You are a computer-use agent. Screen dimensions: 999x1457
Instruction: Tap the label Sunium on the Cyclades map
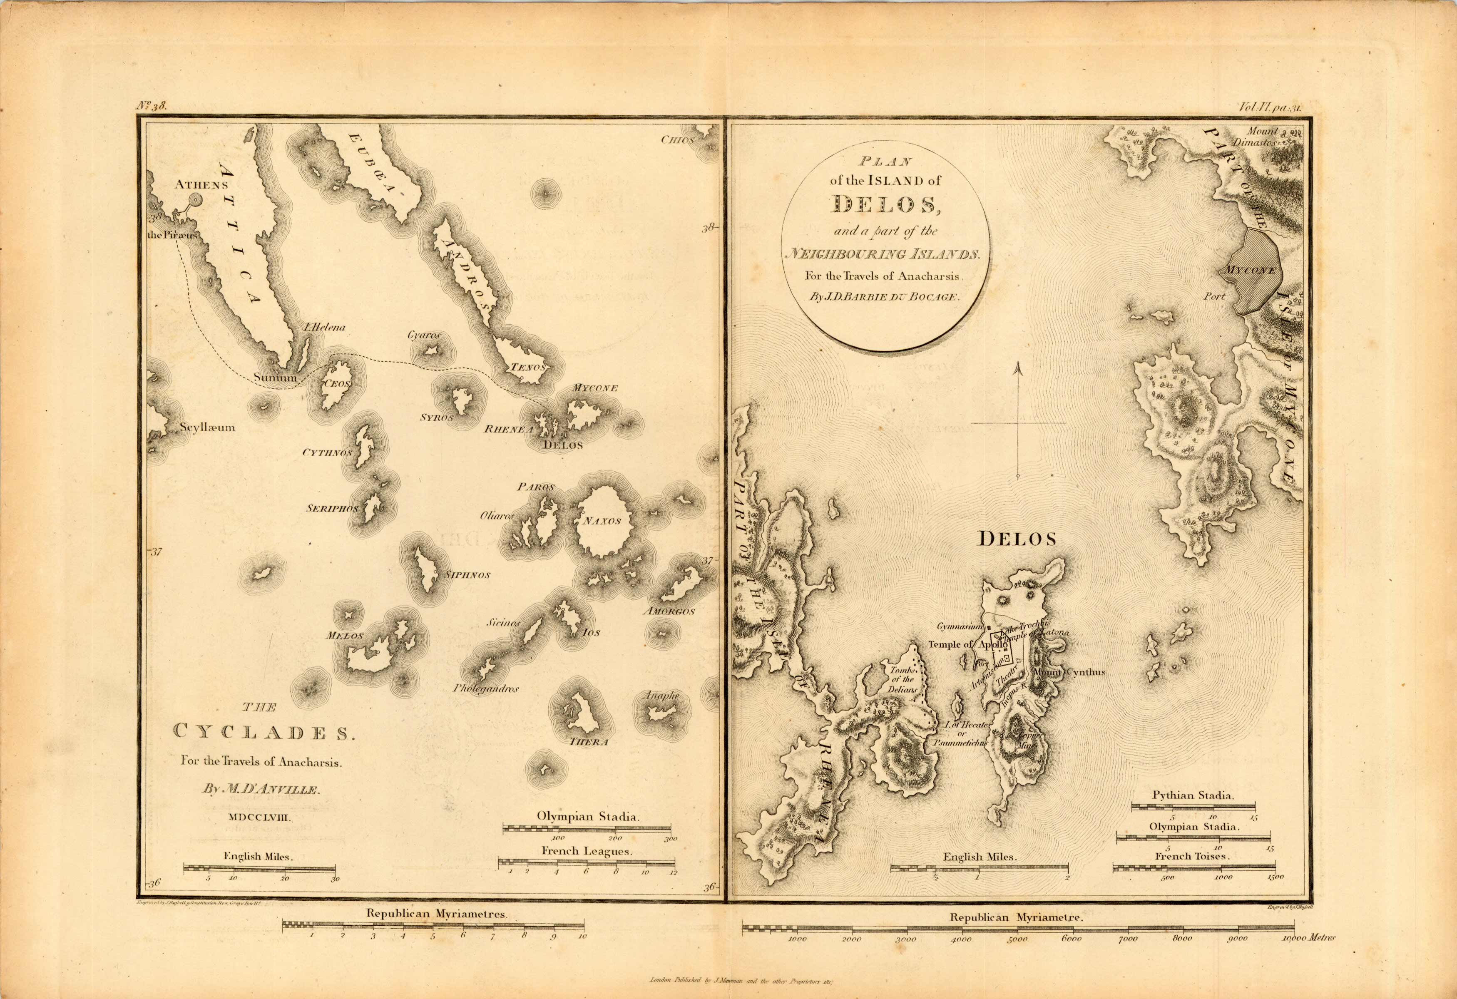click(275, 377)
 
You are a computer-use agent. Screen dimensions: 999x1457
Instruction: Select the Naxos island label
click(601, 521)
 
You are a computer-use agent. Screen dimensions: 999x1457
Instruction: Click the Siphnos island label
click(467, 575)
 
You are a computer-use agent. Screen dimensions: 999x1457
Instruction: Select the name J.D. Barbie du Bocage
click(885, 297)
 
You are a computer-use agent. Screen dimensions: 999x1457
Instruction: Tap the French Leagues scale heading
click(586, 851)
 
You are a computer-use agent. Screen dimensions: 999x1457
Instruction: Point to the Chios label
click(677, 140)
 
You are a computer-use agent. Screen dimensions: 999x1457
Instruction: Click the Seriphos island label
click(332, 508)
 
